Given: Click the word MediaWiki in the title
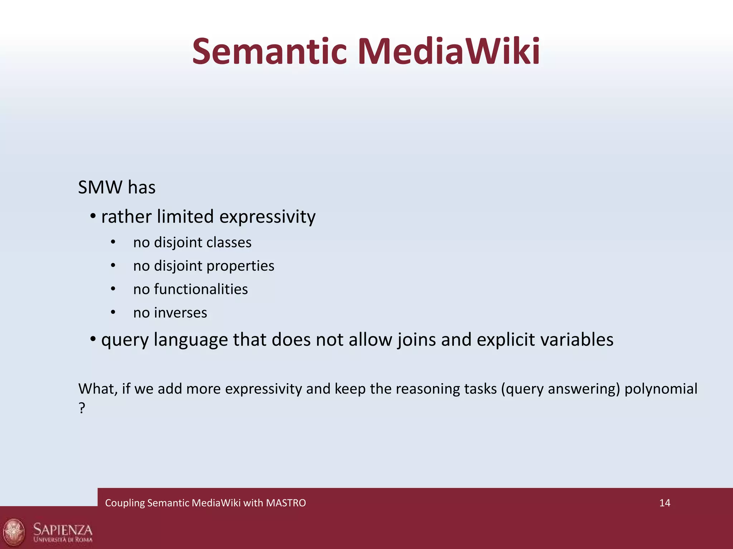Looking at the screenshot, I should [x=448, y=52].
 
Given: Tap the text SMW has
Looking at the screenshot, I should [x=117, y=187].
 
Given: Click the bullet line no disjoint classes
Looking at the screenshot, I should [x=192, y=243].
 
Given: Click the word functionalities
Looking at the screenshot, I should [x=201, y=289].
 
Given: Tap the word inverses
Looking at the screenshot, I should [x=180, y=313].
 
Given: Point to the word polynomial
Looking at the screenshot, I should [x=661, y=389].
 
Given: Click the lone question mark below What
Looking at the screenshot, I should [x=82, y=408].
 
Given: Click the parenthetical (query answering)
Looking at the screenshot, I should [x=560, y=389].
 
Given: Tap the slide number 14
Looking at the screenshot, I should [x=664, y=503].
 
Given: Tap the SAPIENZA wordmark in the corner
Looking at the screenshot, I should [x=63, y=529].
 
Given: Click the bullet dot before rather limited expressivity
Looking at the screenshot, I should [x=93, y=216].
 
